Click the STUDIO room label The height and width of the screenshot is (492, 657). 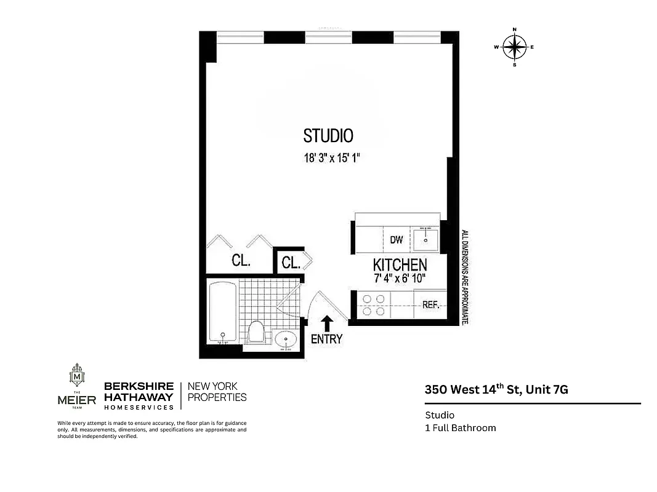328,136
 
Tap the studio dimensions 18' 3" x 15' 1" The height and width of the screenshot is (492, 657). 331,158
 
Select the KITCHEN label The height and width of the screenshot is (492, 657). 400,265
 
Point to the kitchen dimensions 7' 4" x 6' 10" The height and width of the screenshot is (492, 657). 400,279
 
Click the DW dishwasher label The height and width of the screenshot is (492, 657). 397,240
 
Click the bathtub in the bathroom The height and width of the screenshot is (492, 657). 222,312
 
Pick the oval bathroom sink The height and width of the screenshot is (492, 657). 286,339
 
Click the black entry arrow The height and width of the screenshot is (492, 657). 327,323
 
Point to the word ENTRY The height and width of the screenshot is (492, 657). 327,339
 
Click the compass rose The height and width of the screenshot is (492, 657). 514,47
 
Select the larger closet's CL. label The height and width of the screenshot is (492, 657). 241,261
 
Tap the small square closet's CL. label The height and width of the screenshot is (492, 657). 291,263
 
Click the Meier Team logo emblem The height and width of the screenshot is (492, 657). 77,376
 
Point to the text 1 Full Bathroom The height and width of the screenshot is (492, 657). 460,428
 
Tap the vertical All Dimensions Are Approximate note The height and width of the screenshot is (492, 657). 466,277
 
